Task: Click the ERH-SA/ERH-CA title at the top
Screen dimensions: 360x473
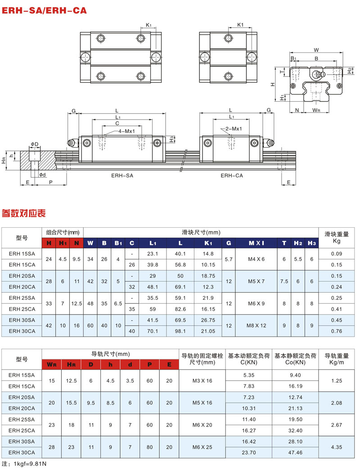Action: (x=44, y=10)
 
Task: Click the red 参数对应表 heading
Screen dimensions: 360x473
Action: (x=23, y=213)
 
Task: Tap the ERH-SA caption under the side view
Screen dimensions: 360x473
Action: (x=122, y=176)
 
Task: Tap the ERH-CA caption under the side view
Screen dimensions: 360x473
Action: (x=232, y=176)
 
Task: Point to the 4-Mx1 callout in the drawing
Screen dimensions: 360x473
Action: (x=126, y=131)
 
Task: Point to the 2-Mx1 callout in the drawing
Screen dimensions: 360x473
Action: (x=234, y=129)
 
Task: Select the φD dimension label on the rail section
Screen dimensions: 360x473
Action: (x=35, y=144)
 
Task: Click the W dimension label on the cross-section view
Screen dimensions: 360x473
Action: (x=316, y=50)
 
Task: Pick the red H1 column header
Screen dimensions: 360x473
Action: (x=63, y=243)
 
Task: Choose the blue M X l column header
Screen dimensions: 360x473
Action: (x=256, y=243)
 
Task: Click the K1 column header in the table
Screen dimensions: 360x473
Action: (x=208, y=243)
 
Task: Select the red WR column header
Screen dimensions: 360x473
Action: (x=52, y=365)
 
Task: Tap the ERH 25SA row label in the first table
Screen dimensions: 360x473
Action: (x=22, y=298)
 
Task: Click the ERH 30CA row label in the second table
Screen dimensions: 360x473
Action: (x=22, y=452)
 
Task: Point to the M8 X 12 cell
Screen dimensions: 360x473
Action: (x=256, y=325)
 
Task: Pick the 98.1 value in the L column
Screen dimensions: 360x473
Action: (x=180, y=331)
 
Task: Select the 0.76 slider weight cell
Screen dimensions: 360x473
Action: (x=337, y=331)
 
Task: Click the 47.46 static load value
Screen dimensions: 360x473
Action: (x=295, y=452)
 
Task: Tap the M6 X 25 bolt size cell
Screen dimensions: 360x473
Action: (x=202, y=447)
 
